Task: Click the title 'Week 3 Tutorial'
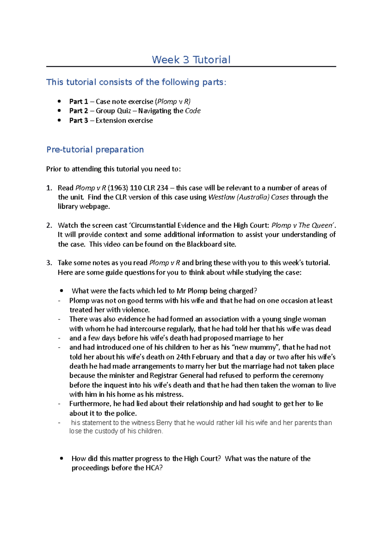(x=191, y=60)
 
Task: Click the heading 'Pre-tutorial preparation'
(x=95, y=149)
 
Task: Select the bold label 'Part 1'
(x=78, y=101)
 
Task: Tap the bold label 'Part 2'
(x=78, y=111)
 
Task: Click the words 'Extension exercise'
(x=124, y=121)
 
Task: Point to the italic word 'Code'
(x=193, y=111)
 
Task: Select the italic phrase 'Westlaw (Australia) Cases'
(x=248, y=197)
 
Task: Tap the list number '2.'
(x=49, y=225)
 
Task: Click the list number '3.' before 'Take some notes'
(x=49, y=263)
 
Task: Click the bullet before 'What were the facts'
(x=62, y=291)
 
